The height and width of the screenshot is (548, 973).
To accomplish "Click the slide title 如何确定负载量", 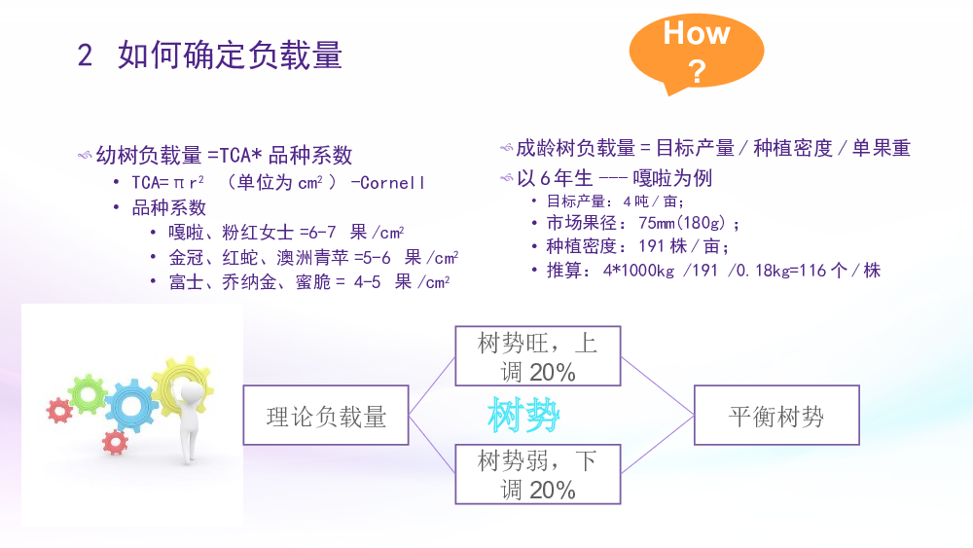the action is pyautogui.click(x=231, y=55).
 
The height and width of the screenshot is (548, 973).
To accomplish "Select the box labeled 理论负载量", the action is pyautogui.click(x=326, y=416).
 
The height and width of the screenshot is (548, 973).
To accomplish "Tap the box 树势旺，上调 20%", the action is pyautogui.click(x=538, y=356).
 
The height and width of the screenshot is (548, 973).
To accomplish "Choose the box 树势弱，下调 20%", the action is pyautogui.click(x=538, y=474).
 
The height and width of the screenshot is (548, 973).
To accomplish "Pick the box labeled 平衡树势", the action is pyautogui.click(x=776, y=416).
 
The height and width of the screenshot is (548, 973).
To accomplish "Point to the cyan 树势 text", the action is pyautogui.click(x=523, y=415).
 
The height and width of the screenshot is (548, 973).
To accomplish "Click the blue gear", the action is pyautogui.click(x=131, y=406).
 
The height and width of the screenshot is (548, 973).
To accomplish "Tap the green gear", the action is pyautogui.click(x=88, y=394).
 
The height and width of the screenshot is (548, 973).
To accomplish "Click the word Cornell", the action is pyautogui.click(x=393, y=183).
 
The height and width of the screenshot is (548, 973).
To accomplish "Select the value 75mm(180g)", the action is pyautogui.click(x=682, y=223).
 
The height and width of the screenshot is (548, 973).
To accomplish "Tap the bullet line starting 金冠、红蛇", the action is pyautogui.click(x=313, y=258).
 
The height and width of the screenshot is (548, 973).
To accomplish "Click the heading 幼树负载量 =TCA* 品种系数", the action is pyautogui.click(x=224, y=155).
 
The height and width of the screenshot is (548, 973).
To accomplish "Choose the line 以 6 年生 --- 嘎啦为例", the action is pyautogui.click(x=614, y=179).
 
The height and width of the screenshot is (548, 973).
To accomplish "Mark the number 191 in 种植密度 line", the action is pyautogui.click(x=652, y=246).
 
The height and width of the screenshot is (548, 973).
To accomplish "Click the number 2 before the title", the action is pyautogui.click(x=85, y=55).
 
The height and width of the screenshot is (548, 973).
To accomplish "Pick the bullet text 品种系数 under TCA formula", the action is pyautogui.click(x=168, y=207).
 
